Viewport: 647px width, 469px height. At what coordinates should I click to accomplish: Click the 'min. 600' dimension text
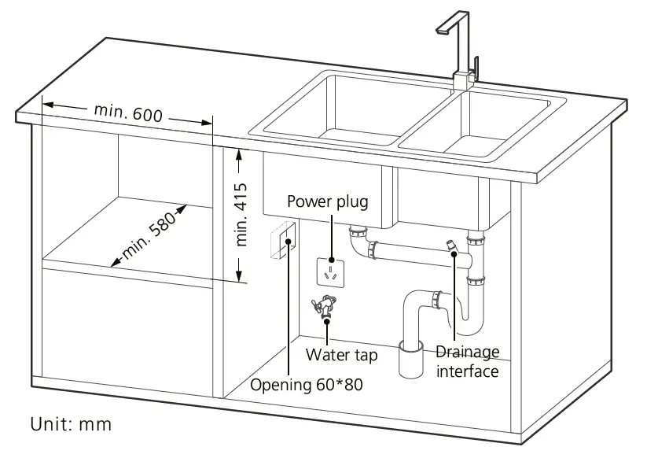pos(128,113)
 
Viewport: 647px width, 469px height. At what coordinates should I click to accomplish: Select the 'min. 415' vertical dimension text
pos(242,214)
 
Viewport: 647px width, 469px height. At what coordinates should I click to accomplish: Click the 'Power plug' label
pos(327,201)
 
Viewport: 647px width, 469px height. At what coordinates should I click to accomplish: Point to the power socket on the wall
pos(330,271)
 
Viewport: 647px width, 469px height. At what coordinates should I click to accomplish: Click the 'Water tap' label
pos(341,355)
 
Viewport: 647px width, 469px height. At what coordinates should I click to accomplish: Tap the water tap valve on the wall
pos(325,305)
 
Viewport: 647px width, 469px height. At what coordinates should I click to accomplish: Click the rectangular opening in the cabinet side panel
pos(284,242)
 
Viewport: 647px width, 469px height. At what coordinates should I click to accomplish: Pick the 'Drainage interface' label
pos(468,361)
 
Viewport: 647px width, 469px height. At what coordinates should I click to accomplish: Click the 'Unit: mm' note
pos(71,425)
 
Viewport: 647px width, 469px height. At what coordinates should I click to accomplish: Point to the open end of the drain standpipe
pos(411,347)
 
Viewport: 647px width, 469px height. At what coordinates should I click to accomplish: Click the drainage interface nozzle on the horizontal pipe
pos(450,246)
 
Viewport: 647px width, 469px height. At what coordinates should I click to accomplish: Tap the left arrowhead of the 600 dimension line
pos(46,105)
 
